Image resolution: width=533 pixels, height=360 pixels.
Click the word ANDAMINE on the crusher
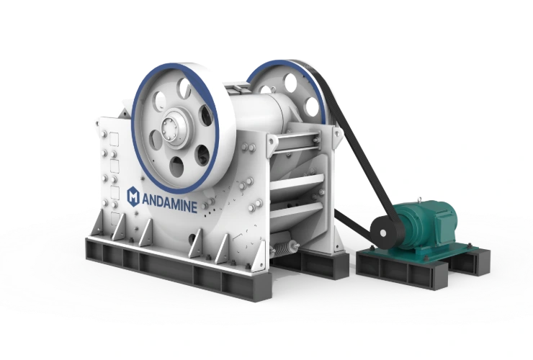point(169,204)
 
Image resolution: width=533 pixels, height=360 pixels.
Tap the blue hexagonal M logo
point(133,197)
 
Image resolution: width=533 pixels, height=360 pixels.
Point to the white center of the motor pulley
point(382,233)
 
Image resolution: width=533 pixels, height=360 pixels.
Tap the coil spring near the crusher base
point(283,251)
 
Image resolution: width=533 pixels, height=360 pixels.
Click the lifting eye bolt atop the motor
point(421,199)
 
